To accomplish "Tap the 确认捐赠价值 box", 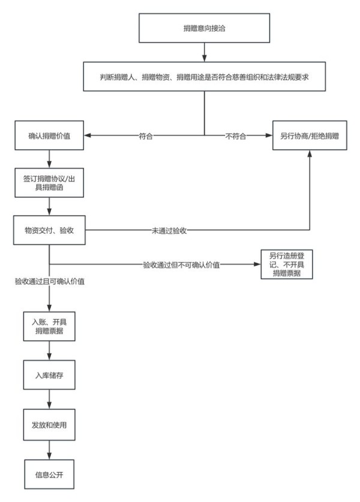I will pyautogui.click(x=49, y=136).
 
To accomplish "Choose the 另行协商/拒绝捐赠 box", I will pyautogui.click(x=310, y=136).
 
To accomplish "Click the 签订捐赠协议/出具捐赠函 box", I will pyautogui.click(x=49, y=182).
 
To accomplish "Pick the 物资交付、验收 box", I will pyautogui.click(x=49, y=230).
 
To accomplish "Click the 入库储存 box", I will pyautogui.click(x=49, y=375).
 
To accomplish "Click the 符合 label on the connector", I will pyautogui.click(x=145, y=136).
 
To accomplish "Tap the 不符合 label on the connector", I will pyautogui.click(x=236, y=136).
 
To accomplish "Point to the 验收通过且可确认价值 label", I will pyautogui.click(x=49, y=281).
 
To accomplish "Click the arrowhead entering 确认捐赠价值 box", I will pyautogui.click(x=87, y=136).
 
